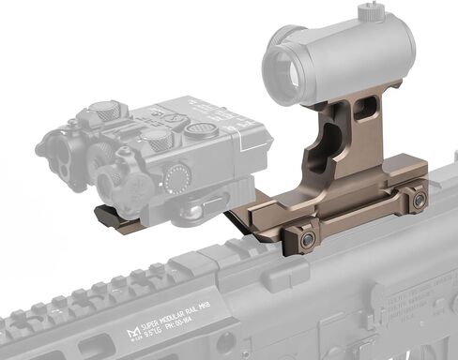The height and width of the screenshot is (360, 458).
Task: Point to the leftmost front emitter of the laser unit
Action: coord(57,154)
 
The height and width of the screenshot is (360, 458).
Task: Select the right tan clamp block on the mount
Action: coord(413,199)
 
